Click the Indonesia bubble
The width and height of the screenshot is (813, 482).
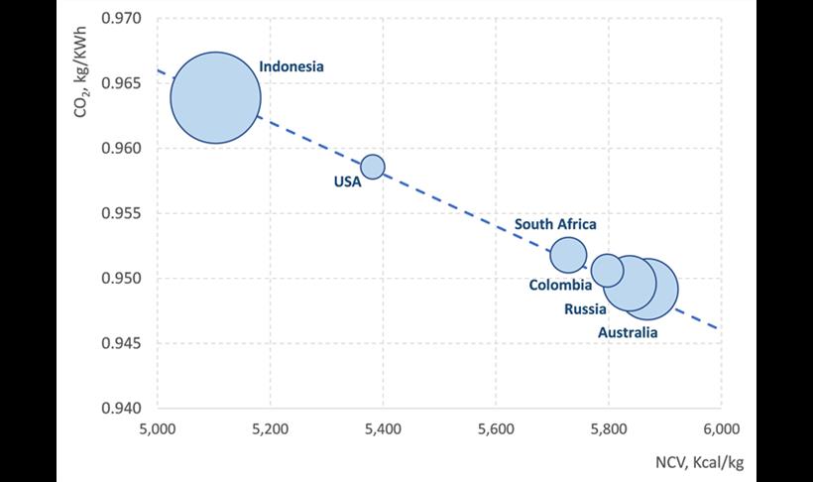215,98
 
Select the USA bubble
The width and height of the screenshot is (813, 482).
372,166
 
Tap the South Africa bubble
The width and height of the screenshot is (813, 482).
568,255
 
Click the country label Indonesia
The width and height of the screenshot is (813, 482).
291,67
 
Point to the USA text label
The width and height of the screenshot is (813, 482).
347,181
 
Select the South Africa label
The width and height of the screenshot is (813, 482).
555,225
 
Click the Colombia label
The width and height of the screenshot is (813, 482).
560,286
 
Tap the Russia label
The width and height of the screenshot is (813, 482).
585,309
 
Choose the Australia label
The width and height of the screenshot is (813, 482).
627,333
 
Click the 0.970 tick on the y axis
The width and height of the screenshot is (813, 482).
124,19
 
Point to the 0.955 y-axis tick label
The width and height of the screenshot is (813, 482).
124,213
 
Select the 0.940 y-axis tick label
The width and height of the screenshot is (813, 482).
124,408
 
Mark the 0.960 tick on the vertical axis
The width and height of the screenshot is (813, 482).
124,149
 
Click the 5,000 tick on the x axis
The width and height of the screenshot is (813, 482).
158,429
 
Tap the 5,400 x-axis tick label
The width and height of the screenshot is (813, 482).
383,429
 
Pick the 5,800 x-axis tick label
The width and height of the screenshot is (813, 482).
608,429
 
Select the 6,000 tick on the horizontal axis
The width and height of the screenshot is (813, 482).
720,429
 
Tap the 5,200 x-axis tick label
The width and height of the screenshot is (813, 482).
270,429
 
